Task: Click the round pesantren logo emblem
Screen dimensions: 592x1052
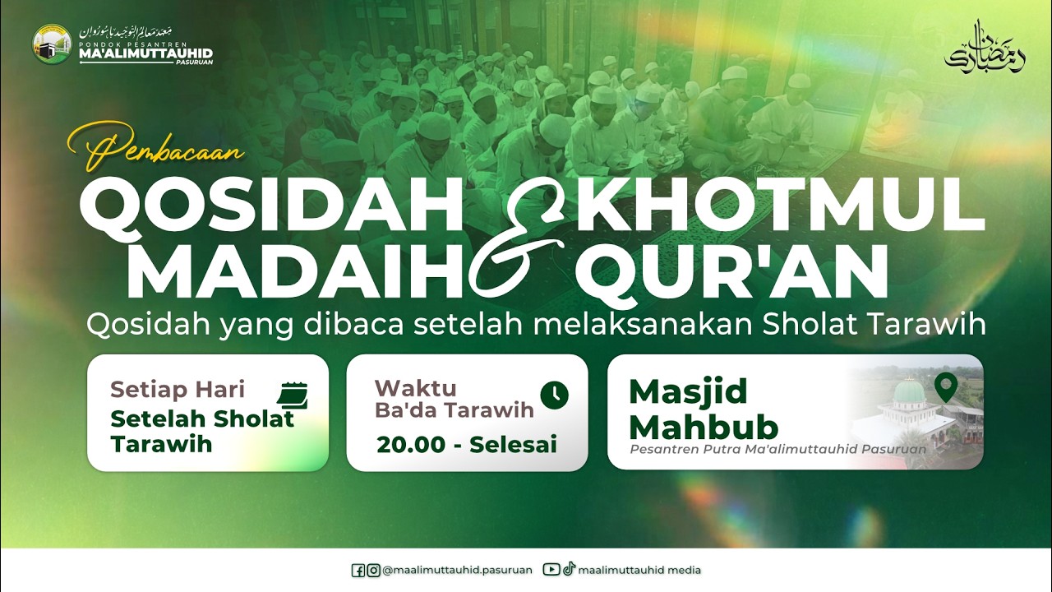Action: click(x=52, y=44)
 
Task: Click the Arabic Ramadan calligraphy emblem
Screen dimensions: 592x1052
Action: click(x=985, y=48)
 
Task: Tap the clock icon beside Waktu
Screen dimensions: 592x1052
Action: click(x=555, y=395)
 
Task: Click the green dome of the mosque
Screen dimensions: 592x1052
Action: click(x=910, y=391)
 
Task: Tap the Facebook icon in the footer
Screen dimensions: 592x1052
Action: click(x=358, y=570)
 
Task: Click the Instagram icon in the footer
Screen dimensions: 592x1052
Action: click(x=373, y=570)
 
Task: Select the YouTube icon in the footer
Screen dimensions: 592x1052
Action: click(x=551, y=570)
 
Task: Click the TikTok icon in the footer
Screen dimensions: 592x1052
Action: click(x=569, y=570)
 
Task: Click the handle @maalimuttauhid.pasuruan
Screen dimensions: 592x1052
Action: click(x=457, y=570)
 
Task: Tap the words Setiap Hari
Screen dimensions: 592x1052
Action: click(x=178, y=389)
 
